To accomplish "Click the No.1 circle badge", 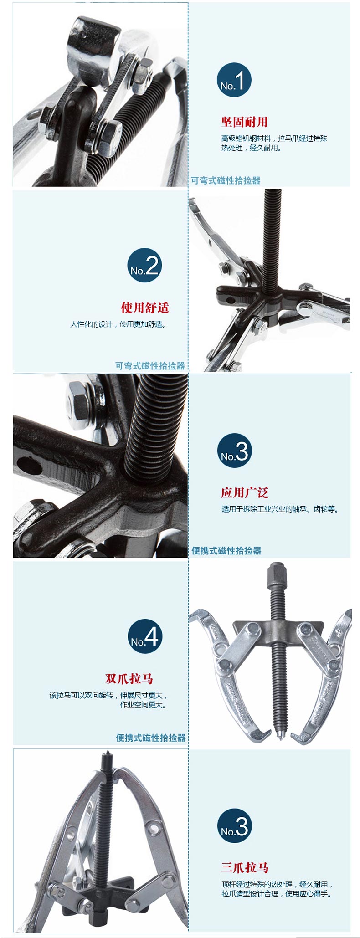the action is pyautogui.click(x=234, y=80).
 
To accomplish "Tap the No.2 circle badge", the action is pyautogui.click(x=144, y=265).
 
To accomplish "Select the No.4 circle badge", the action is pyautogui.click(x=145, y=636).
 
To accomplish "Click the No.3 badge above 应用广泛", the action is pyautogui.click(x=235, y=451).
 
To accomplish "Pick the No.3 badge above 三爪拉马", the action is pyautogui.click(x=235, y=825).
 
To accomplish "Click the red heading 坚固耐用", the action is pyautogui.click(x=244, y=122).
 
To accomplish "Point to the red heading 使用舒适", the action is pyautogui.click(x=145, y=308).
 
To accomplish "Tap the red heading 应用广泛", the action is pyautogui.click(x=245, y=492).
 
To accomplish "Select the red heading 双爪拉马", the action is pyautogui.click(x=129, y=678).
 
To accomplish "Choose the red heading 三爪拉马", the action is pyautogui.click(x=245, y=867).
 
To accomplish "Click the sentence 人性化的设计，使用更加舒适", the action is pyautogui.click(x=118, y=324).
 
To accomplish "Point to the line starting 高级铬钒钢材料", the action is pyautogui.click(x=274, y=138).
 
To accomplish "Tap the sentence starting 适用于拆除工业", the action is pyautogui.click(x=280, y=509).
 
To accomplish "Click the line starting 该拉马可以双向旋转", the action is pyautogui.click(x=109, y=695).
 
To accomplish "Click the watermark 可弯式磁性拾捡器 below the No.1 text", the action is pyautogui.click(x=226, y=180).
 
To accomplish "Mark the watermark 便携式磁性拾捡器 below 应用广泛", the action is pyautogui.click(x=226, y=551).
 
